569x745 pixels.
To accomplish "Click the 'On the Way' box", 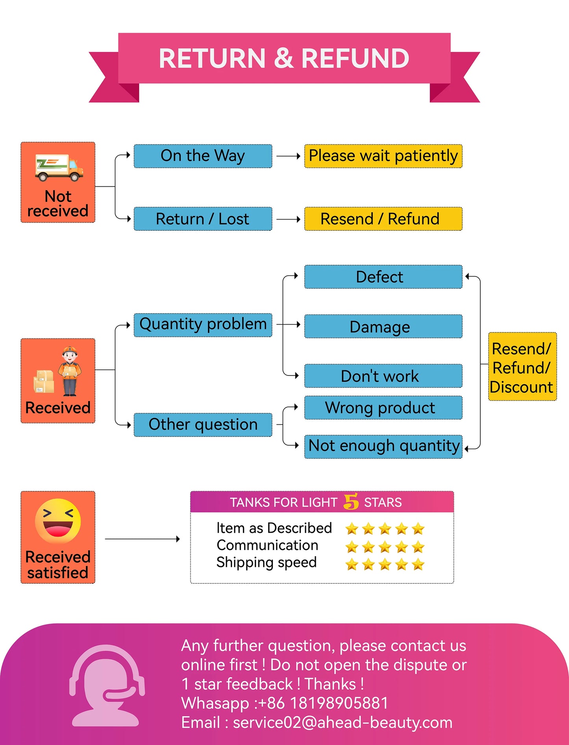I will (203, 156).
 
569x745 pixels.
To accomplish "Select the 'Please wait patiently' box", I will (383, 156).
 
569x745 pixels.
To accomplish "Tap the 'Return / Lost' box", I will (203, 219).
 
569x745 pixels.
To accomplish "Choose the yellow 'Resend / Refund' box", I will (383, 219).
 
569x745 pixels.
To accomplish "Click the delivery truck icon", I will (59, 167).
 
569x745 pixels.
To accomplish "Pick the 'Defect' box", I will (383, 277).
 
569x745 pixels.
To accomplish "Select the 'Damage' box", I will (383, 327).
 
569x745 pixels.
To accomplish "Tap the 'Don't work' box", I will (383, 376).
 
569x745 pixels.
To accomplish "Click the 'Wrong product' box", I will (383, 408).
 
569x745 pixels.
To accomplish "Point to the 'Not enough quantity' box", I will (383, 446).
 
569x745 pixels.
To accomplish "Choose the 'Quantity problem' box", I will (203, 325).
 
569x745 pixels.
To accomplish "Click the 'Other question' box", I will (203, 425).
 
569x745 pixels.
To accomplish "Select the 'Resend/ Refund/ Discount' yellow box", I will (522, 367).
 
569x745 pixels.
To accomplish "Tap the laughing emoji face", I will (58, 521).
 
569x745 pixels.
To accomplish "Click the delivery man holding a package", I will (70, 371).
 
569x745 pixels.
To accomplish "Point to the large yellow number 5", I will (351, 502).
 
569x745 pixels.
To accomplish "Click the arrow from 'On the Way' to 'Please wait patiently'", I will (288, 156).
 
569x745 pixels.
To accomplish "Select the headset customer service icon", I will (106, 686).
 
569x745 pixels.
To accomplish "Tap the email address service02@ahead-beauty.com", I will (343, 723).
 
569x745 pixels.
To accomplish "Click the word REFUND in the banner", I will (355, 58).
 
